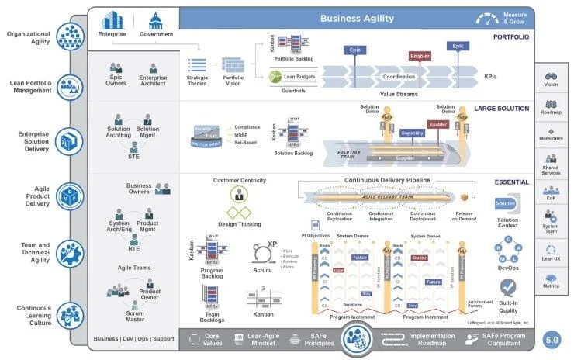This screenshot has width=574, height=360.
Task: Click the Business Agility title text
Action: (358, 18)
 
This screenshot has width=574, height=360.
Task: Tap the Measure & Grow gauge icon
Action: (488, 18)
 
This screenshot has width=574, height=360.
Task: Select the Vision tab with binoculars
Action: (552, 79)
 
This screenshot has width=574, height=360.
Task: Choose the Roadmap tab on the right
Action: (552, 107)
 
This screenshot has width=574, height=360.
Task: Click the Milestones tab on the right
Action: (552, 133)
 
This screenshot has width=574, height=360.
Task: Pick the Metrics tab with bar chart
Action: (552, 280)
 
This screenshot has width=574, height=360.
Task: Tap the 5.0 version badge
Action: (552, 339)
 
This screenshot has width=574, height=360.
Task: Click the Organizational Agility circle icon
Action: (71, 33)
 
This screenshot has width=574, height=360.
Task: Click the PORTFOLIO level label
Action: (511, 36)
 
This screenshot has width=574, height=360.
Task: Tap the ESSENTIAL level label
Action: (511, 182)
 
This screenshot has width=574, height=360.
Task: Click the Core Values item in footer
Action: (213, 339)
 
